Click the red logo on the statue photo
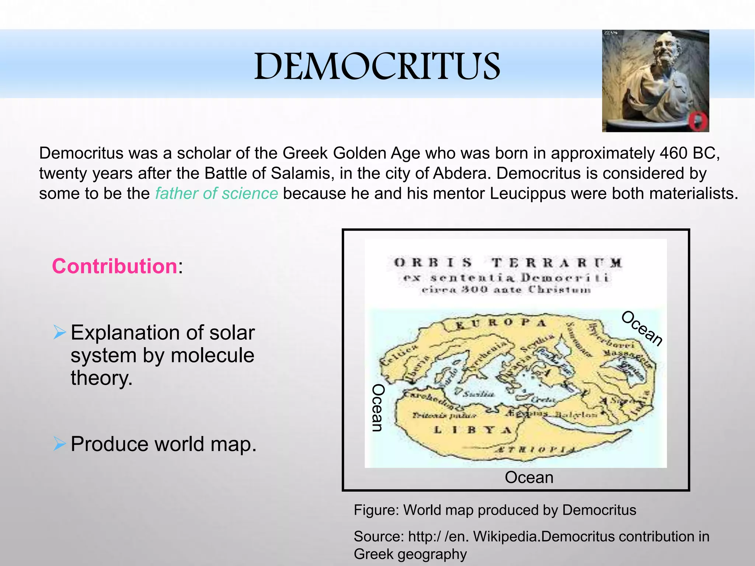coord(698,120)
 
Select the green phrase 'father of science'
coord(216,193)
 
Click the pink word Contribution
coord(115,266)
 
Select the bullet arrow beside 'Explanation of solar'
coord(59,332)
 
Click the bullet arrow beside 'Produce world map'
coord(59,443)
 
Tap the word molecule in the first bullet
coord(212,355)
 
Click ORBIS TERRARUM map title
coord(508,263)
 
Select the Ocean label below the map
coord(529,478)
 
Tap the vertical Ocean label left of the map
coord(378,408)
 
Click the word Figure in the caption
coord(376,510)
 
